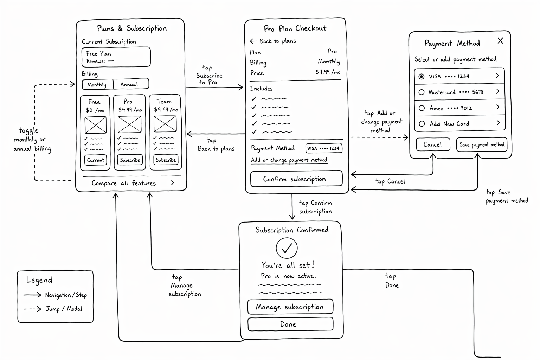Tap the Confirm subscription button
tap(296, 179)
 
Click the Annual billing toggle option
tap(131, 84)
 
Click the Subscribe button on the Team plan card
tap(166, 160)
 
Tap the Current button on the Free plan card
tap(96, 160)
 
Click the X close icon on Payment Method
tap(501, 40)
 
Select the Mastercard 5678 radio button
tap(422, 92)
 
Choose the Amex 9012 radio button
tap(422, 108)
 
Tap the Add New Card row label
tap(449, 124)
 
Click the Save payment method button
tap(482, 145)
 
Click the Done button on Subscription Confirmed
tap(290, 324)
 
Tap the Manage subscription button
tap(290, 307)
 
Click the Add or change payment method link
tap(289, 160)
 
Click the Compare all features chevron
tap(172, 183)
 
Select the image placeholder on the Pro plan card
tap(129, 124)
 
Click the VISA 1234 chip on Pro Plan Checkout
tap(324, 148)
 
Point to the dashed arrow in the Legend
tap(32, 309)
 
